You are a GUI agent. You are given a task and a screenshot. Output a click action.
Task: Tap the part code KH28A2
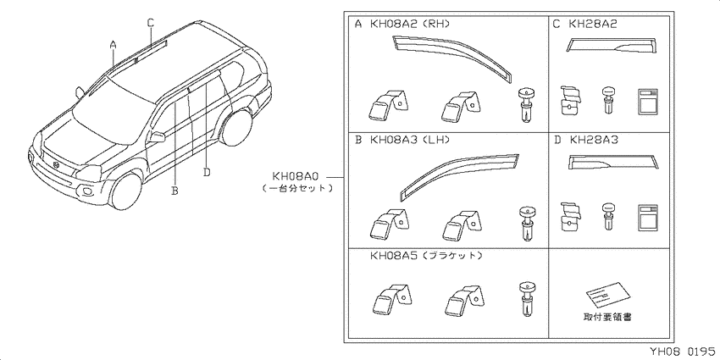pyautogui.click(x=593, y=25)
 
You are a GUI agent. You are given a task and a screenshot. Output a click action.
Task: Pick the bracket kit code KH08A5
pyautogui.click(x=395, y=255)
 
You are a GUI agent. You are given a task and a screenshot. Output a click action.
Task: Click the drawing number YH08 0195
pyautogui.click(x=684, y=352)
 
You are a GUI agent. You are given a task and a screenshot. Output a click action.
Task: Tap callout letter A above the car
pyautogui.click(x=114, y=45)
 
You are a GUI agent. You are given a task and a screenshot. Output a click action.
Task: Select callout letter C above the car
pyautogui.click(x=151, y=22)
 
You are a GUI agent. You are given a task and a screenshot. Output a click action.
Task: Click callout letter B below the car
pyautogui.click(x=175, y=190)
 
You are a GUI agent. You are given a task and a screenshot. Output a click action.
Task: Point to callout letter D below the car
pyautogui.click(x=207, y=172)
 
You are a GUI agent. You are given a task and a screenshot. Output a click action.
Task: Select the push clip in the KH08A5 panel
pyautogui.click(x=527, y=298)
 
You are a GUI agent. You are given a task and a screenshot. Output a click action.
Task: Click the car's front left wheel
pyautogui.click(x=125, y=192)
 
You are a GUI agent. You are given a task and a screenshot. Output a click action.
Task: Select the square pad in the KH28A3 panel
pyautogui.click(x=647, y=217)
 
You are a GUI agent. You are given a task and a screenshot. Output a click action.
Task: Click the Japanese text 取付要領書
pyautogui.click(x=607, y=317)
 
